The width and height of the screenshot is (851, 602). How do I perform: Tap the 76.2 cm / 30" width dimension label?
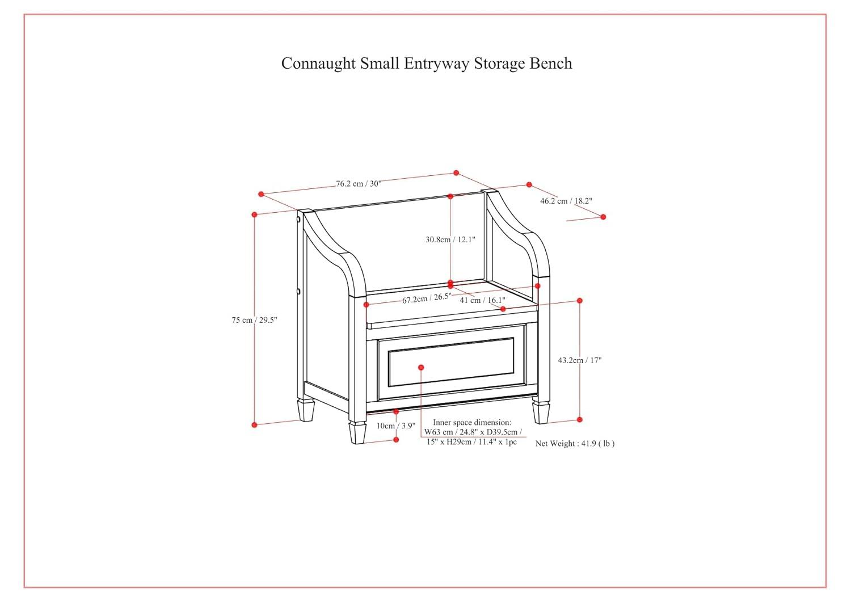point(358,183)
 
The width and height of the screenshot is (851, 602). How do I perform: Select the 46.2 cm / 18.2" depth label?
point(566,201)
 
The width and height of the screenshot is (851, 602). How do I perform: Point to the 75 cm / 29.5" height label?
point(254,320)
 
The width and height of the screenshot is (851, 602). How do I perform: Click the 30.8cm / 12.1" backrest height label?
point(450,239)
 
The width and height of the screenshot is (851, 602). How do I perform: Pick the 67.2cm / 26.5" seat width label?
point(427,298)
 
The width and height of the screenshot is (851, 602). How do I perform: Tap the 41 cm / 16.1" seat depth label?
point(482,300)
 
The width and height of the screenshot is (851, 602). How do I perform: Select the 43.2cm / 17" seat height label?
point(579,360)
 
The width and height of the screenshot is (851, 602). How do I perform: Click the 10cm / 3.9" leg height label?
point(395,426)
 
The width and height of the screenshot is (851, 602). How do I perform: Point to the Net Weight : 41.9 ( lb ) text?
point(575,444)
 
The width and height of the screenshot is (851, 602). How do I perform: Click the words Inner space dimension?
point(472,423)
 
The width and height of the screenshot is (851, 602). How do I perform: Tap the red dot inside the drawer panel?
point(421,368)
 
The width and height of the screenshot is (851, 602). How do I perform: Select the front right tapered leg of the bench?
point(541,412)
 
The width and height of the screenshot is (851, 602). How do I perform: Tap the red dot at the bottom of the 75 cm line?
point(255,425)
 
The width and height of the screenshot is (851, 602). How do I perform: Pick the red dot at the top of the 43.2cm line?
point(580,301)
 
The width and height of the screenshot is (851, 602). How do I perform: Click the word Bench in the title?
point(550,63)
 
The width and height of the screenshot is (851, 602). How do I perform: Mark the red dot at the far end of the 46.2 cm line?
point(603,217)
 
